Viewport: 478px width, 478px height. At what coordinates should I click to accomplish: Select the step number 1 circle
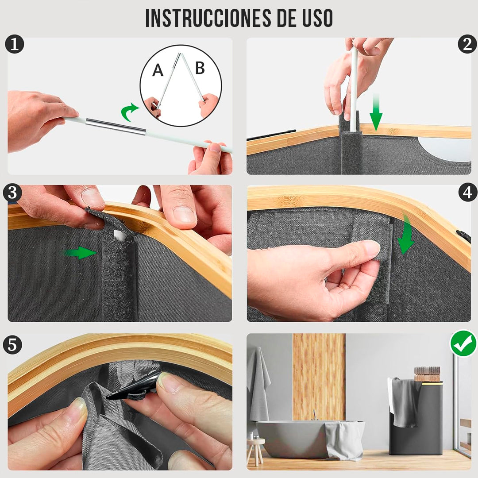(x=14, y=45)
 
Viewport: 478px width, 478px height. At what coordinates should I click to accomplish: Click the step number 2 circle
(x=467, y=44)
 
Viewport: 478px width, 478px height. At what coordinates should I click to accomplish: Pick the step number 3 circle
(x=12, y=193)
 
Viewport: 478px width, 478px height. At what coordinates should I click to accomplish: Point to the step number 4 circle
(x=468, y=193)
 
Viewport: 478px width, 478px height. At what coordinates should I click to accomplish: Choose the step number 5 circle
(x=12, y=345)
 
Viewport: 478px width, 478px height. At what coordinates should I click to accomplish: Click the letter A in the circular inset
(x=158, y=70)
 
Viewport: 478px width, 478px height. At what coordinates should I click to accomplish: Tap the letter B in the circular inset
(x=200, y=68)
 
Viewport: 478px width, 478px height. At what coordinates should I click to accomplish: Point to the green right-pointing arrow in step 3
(x=80, y=253)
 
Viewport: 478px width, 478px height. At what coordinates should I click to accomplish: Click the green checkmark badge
(x=463, y=343)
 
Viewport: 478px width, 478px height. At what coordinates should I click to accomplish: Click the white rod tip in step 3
(x=119, y=235)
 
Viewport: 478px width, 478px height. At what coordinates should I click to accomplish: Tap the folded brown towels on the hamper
(x=427, y=374)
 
